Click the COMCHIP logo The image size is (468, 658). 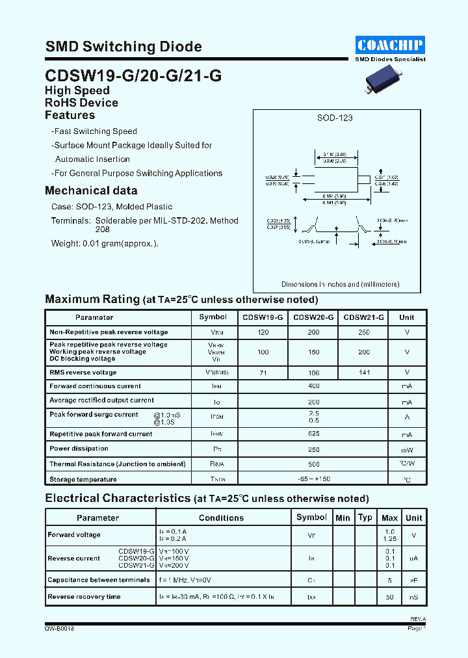pos(390,44)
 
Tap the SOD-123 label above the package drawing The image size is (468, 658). pos(335,118)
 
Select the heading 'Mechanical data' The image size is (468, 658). pos(91,191)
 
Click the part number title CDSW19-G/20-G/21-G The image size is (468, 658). pos(133,75)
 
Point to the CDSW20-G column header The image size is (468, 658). pos(314,317)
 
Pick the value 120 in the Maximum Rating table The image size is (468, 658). pos(263,332)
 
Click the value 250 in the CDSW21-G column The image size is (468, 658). pos(363,332)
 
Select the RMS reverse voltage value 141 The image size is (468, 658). pos(363,372)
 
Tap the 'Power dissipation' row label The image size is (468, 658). pos(79,449)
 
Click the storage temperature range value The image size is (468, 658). pos(314,479)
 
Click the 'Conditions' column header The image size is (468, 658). pos(221,518)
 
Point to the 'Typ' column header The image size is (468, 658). pos(365,518)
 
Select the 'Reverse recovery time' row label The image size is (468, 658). pos(84,597)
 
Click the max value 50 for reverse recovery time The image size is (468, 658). pos(389,597)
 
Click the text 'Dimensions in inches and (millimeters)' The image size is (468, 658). pos(340,284)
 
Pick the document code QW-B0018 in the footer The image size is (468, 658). pos(58,629)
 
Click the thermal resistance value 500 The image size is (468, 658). pos(314,464)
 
